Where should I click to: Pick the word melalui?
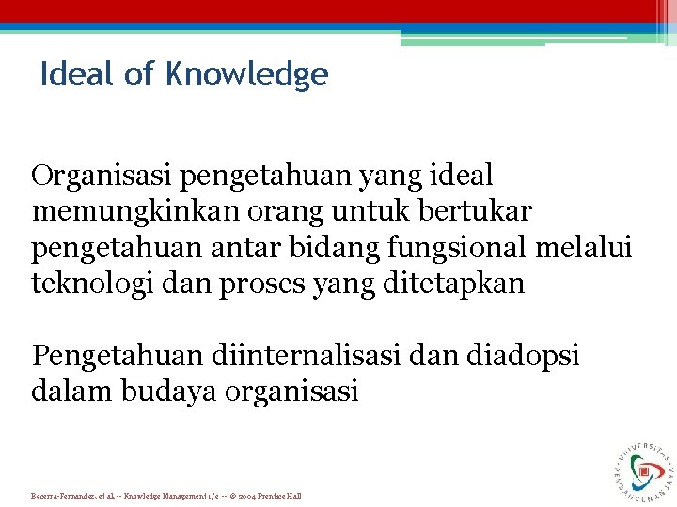(x=590, y=248)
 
